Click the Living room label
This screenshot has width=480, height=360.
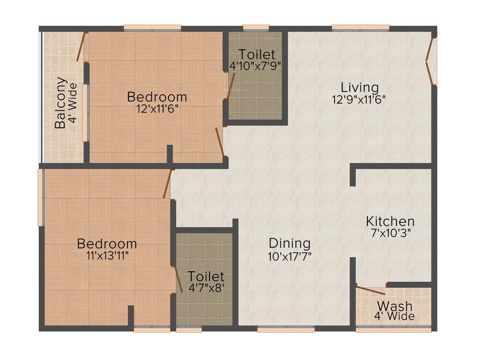(360, 87)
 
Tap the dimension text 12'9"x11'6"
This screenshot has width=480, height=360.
(360, 99)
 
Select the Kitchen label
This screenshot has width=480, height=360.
(390, 221)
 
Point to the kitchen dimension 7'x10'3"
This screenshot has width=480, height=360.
(390, 233)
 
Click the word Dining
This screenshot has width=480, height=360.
(290, 243)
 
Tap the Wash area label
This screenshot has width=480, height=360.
(394, 306)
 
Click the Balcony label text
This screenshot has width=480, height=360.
(60, 103)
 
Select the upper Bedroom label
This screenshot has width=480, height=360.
(157, 97)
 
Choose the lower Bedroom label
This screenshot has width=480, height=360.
(107, 244)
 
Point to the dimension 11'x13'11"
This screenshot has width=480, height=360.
(107, 255)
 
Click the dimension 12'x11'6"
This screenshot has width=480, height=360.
(157, 108)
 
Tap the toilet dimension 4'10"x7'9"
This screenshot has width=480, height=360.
(255, 66)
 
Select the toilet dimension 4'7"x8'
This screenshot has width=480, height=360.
(206, 288)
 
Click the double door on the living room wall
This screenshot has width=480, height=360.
(431, 61)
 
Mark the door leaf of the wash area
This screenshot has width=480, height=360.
(370, 290)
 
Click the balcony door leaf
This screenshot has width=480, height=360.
(82, 46)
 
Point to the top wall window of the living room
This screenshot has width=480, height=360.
(360, 28)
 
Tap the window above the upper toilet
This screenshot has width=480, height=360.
(256, 28)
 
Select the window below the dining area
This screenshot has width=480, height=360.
(285, 330)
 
